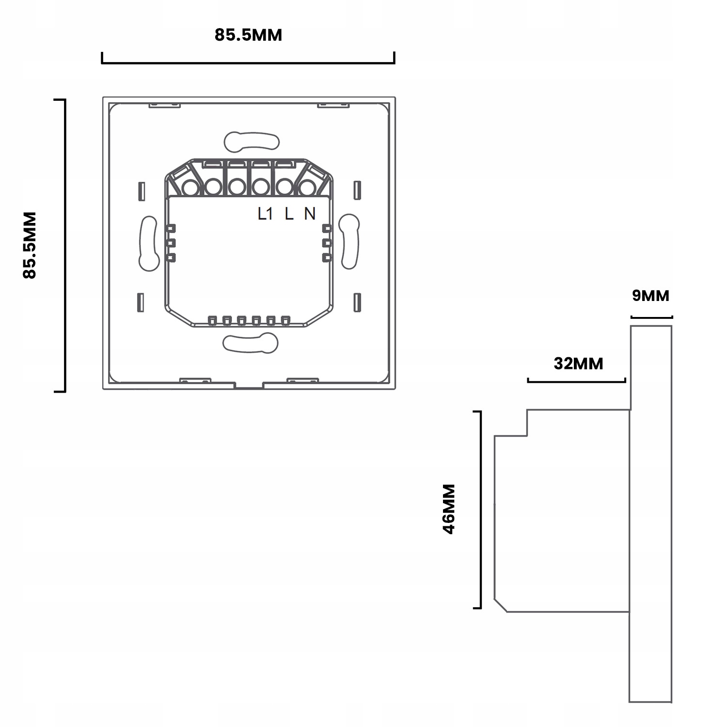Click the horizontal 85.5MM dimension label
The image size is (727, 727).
tap(248, 35)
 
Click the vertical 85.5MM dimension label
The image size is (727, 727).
tap(30, 245)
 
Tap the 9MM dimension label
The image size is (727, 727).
tap(650, 295)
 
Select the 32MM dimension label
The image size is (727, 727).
tap(578, 363)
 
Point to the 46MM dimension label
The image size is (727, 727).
tap(449, 509)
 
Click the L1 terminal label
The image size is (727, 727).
tap(266, 213)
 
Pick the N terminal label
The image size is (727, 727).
tap(310, 213)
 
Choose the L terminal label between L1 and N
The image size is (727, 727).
tap(289, 213)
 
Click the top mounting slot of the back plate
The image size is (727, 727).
tap(252, 140)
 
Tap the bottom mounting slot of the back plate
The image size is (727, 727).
tap(251, 343)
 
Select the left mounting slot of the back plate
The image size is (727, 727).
tap(148, 243)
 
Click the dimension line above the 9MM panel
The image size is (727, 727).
tap(651, 317)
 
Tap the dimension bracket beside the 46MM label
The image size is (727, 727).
tap(480, 509)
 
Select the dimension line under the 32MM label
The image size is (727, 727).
tap(577, 381)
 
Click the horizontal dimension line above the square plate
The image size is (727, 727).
tap(248, 63)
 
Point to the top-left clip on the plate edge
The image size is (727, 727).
tap(164, 105)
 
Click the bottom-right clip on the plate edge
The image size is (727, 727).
tap(303, 381)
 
